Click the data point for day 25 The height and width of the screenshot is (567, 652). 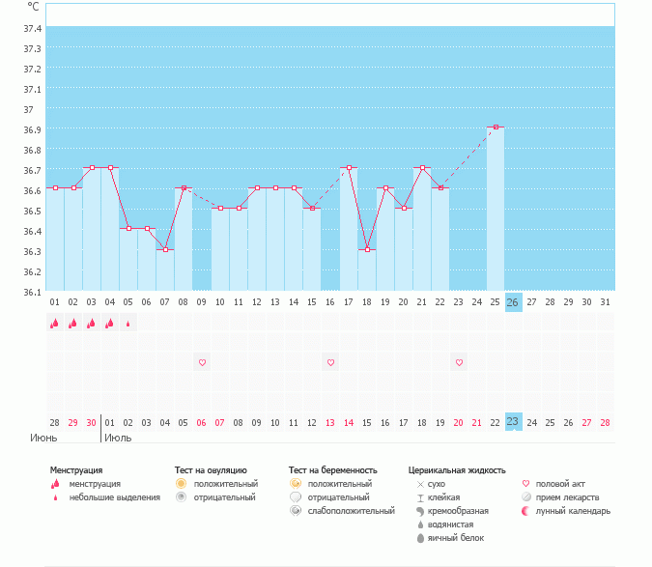click(496, 127)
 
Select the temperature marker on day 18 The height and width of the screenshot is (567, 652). click(367, 249)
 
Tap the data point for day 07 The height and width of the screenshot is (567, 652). click(165, 249)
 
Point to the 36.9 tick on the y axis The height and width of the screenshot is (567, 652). click(32, 130)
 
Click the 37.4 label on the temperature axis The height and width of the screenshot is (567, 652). click(32, 29)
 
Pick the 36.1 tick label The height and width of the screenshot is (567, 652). click(32, 292)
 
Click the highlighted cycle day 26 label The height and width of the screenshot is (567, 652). click(513, 302)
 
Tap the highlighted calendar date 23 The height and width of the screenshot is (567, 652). click(513, 421)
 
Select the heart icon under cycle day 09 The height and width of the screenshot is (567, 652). click(202, 362)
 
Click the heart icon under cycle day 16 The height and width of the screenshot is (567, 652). click(330, 362)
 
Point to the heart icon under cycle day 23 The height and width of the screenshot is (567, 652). click(459, 362)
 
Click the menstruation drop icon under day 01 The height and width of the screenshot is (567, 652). click(55, 324)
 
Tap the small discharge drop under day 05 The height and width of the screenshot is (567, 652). click(128, 324)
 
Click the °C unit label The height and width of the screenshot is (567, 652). click(33, 7)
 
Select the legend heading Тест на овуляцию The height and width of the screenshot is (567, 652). click(211, 470)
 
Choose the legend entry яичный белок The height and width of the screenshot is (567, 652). click(448, 538)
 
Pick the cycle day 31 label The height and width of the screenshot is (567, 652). click(606, 302)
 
